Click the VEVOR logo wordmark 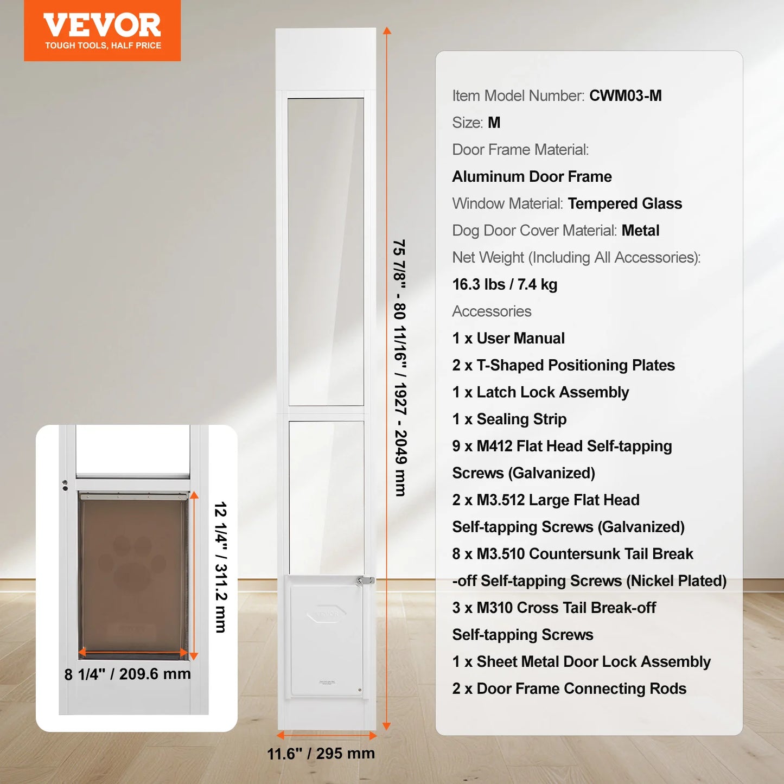102,25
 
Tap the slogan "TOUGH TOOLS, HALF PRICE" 103,46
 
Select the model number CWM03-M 625,96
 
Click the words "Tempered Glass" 624,203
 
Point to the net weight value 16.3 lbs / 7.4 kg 505,284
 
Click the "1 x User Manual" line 508,339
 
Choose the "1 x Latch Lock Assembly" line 540,392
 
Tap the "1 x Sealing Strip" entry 509,419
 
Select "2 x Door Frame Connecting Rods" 569,689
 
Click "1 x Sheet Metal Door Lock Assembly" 581,662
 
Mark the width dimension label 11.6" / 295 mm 321,754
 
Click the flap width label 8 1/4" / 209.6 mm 128,674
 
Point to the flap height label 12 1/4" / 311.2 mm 220,567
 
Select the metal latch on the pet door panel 365,581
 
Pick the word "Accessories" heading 492,311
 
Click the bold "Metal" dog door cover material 640,231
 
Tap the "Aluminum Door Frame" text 532,177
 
